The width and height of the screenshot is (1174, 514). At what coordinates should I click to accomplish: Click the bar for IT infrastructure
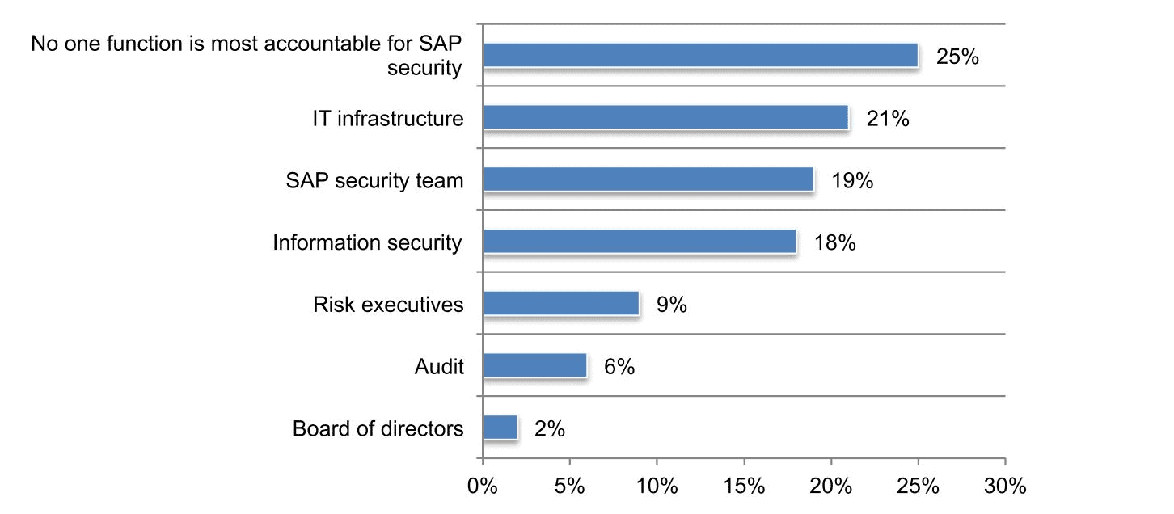[665, 118]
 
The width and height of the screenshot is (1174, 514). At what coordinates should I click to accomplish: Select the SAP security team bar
[648, 179]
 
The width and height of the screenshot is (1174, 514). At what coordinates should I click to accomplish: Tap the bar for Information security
[640, 242]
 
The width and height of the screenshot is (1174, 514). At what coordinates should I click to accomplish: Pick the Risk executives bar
[561, 304]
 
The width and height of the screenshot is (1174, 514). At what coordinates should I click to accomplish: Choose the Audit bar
[535, 365]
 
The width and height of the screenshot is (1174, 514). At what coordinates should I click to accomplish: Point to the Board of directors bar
[500, 428]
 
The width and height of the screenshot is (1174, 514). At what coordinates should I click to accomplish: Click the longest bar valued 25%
[700, 56]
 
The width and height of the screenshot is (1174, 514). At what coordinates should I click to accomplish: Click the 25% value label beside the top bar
[957, 57]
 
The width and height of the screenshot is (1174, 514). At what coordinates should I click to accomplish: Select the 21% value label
[888, 119]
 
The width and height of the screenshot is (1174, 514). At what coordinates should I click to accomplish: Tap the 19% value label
[852, 180]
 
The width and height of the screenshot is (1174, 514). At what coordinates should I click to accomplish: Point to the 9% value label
[671, 305]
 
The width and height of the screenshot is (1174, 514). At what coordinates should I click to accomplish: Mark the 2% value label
[550, 428]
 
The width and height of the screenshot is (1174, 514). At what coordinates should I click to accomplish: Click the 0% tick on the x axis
[483, 487]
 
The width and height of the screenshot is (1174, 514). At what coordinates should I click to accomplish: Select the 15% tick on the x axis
[744, 487]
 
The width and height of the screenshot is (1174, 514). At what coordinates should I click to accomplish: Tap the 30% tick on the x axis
[1005, 487]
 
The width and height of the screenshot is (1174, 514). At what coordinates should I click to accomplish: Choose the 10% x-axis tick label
[657, 487]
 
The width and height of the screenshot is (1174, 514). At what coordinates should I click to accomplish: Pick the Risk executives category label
[388, 305]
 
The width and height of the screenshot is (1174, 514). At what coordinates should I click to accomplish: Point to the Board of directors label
[378, 428]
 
